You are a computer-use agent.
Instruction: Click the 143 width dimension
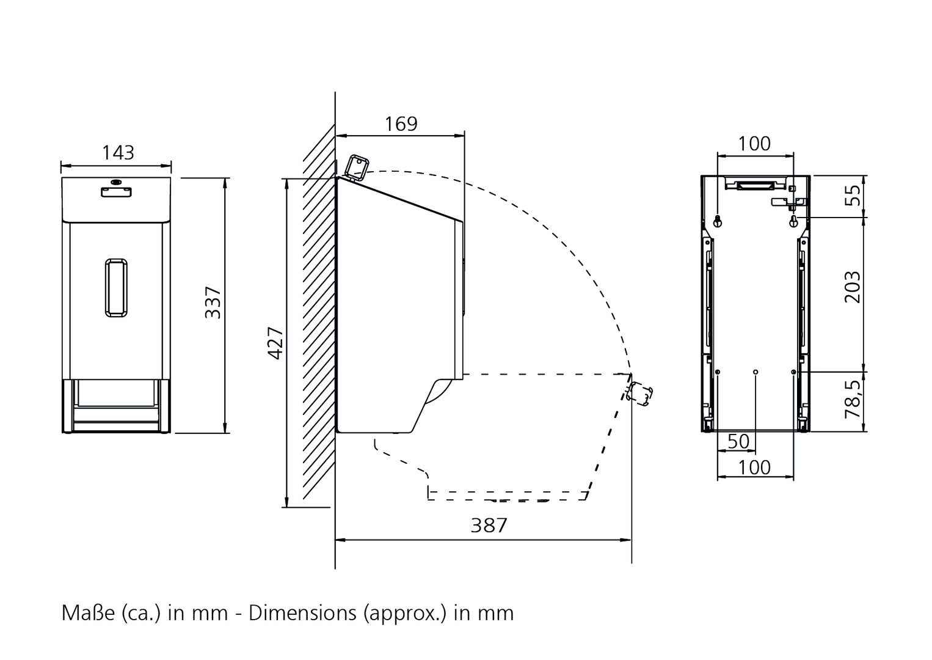(x=118, y=153)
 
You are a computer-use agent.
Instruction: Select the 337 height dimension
(x=213, y=302)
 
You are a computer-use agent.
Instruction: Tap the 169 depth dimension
(x=401, y=124)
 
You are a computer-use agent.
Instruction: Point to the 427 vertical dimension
(x=275, y=343)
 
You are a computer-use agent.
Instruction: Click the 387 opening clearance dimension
(x=489, y=526)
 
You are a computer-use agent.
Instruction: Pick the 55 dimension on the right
(x=853, y=195)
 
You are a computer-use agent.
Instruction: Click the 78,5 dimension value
(x=853, y=399)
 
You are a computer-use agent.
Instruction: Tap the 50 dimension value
(x=738, y=441)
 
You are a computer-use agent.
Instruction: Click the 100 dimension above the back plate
(x=754, y=144)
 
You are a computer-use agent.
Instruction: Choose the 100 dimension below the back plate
(x=754, y=468)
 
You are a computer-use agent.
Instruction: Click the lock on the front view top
(x=116, y=182)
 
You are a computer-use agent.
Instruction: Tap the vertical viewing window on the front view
(x=116, y=288)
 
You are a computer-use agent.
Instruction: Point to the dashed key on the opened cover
(x=639, y=394)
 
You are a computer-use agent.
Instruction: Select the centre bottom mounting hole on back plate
(x=755, y=372)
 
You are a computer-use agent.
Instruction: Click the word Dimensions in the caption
(x=302, y=613)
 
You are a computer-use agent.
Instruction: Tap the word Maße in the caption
(x=88, y=613)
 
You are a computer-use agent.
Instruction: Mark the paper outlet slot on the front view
(x=116, y=392)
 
